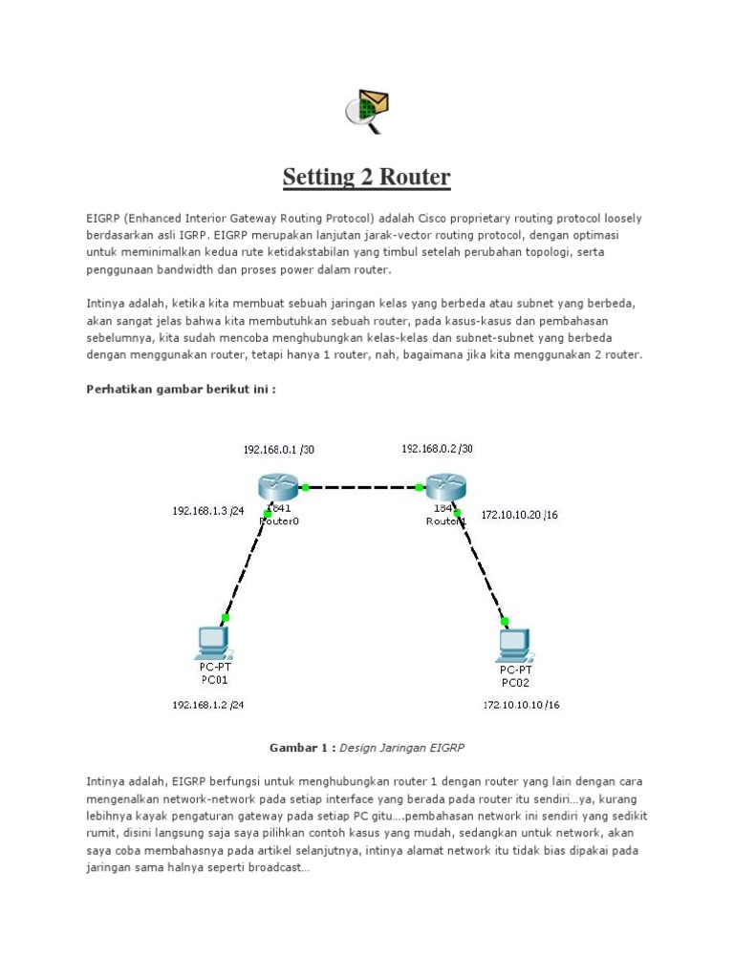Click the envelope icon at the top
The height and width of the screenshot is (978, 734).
[367, 110]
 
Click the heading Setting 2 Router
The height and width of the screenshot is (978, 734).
[367, 178]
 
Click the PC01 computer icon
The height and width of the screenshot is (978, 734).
[210, 642]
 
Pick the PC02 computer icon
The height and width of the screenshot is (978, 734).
[514, 645]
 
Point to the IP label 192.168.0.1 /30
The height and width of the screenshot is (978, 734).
[278, 449]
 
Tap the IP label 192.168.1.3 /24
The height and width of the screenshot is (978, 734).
[207, 511]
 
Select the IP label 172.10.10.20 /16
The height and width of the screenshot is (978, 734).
[520, 515]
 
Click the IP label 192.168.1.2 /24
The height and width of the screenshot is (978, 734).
[207, 705]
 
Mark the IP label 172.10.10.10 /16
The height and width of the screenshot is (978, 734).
[521, 706]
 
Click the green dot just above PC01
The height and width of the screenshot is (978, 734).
[225, 617]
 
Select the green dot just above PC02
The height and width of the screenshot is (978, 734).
[503, 620]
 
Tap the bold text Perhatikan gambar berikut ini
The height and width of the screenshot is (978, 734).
[181, 389]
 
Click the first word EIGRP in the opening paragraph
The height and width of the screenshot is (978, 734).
[102, 219]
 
